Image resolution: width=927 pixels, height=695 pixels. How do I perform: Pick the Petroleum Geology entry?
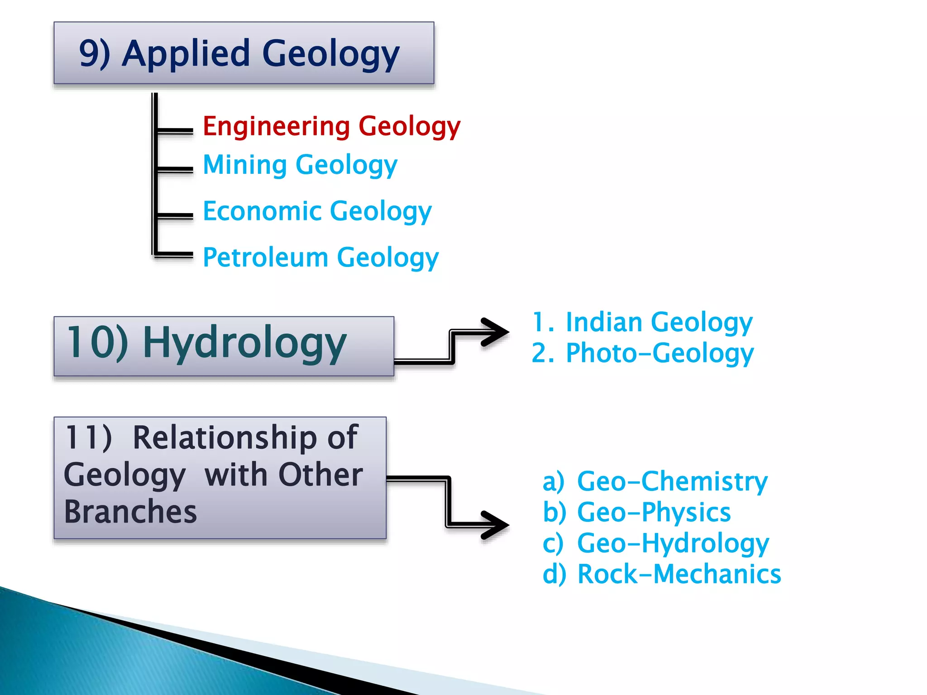320,257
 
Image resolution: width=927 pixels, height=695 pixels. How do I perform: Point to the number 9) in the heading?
94,53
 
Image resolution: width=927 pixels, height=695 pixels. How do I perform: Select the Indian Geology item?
659,322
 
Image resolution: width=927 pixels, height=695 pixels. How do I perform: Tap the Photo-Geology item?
659,353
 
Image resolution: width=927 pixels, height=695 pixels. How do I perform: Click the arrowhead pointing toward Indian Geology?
496,332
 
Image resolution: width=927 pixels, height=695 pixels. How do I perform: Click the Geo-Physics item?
654,512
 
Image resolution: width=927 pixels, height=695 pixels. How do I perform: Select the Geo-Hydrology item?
673,543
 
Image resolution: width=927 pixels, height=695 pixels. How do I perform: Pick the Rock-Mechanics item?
679,574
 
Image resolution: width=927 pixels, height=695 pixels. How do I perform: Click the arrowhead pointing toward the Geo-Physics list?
496,525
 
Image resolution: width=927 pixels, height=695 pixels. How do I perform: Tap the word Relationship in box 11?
245,438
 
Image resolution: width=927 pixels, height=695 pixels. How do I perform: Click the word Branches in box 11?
130,512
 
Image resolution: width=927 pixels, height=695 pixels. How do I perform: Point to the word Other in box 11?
320,475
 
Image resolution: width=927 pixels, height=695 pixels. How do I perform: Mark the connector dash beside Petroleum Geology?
174,254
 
